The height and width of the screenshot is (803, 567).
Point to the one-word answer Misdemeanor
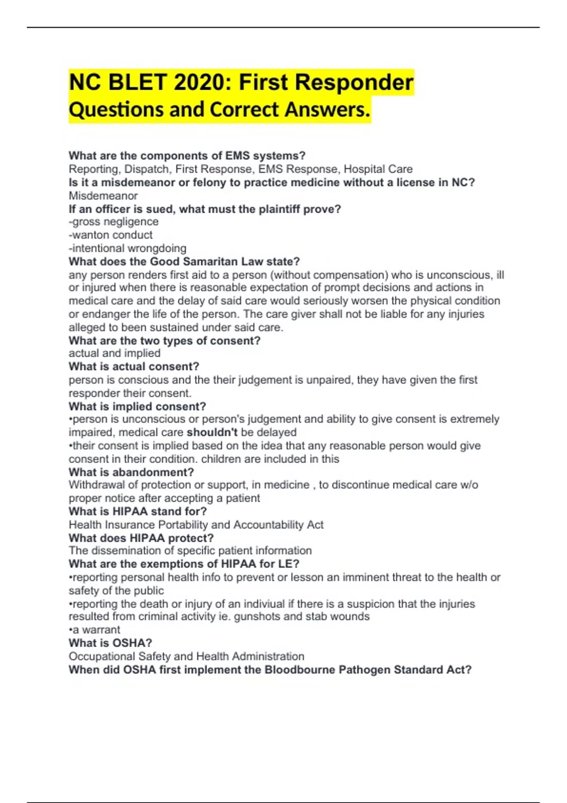103,196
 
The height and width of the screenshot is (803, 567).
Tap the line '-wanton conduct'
111,235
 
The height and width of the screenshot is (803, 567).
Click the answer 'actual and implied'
114,353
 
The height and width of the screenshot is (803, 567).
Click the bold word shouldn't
212,432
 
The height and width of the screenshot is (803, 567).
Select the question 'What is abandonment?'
131,472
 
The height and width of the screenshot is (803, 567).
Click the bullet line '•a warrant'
94,630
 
